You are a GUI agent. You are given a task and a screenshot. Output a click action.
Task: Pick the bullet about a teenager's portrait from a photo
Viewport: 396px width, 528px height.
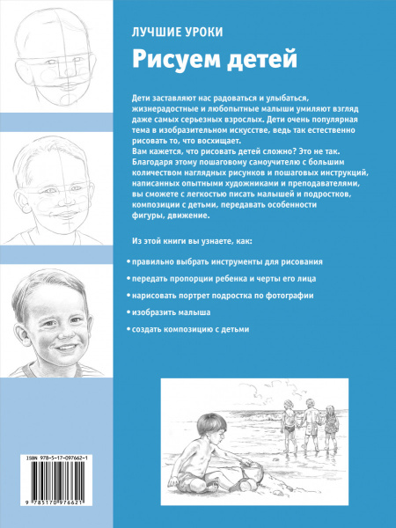(x=222, y=296)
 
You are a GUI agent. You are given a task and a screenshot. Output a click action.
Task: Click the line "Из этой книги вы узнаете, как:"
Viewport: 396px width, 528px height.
(x=192, y=238)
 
